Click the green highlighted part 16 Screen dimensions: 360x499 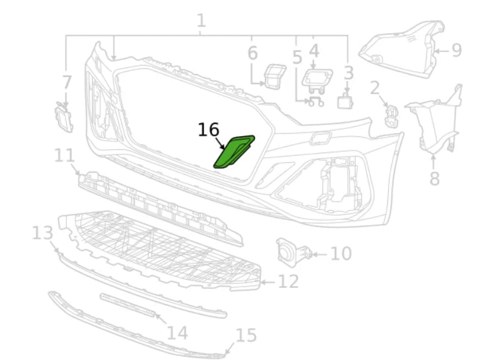pos(234,152)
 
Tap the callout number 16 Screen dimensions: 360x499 pos(208,130)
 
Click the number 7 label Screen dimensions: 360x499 pos(67,82)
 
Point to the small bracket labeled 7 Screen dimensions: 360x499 pos(64,118)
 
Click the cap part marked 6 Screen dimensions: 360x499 pos(274,75)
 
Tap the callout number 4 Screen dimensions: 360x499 pos(314,50)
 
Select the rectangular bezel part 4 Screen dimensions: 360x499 pos(317,80)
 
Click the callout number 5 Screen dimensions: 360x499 pos(297,57)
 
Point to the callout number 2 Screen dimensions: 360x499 pos(375,87)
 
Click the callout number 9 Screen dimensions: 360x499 pos(456,50)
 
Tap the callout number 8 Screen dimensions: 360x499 pos(434,178)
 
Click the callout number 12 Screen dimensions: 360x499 pos(289,282)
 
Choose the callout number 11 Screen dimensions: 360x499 pos(65,156)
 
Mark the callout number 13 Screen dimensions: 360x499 pos(43,232)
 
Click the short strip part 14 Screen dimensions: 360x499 pos(129,305)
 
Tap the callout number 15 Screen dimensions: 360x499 pos(246,335)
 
